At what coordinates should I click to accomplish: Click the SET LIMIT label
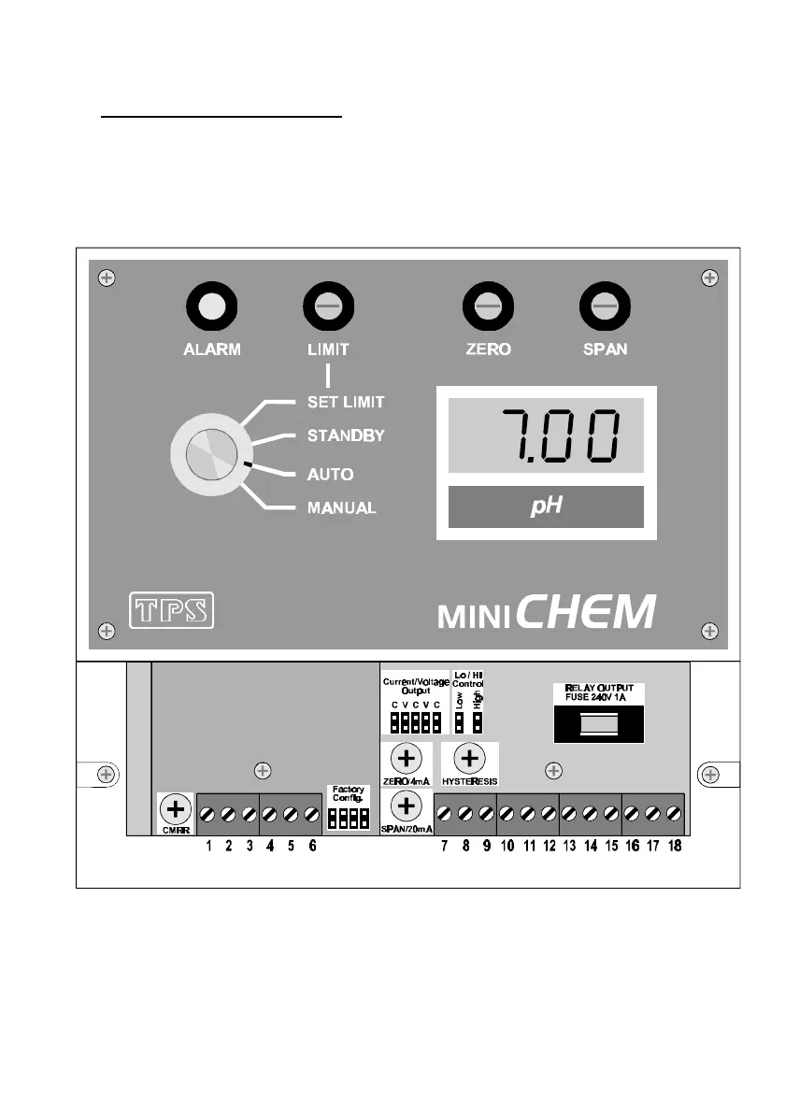pyautogui.click(x=346, y=402)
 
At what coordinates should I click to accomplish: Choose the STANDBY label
pyautogui.click(x=346, y=435)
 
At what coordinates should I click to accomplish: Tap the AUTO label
pyautogui.click(x=331, y=474)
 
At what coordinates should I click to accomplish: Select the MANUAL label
pyautogui.click(x=342, y=508)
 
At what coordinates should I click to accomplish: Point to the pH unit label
pyautogui.click(x=546, y=506)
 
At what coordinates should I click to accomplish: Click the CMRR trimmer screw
pyautogui.click(x=175, y=808)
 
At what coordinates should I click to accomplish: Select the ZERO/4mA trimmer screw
pyautogui.click(x=407, y=758)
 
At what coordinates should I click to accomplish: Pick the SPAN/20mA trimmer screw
pyautogui.click(x=407, y=805)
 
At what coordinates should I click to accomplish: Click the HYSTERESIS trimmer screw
pyautogui.click(x=468, y=758)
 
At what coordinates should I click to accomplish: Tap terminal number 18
pyautogui.click(x=672, y=814)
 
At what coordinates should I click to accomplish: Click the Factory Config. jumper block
pyautogui.click(x=348, y=820)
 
